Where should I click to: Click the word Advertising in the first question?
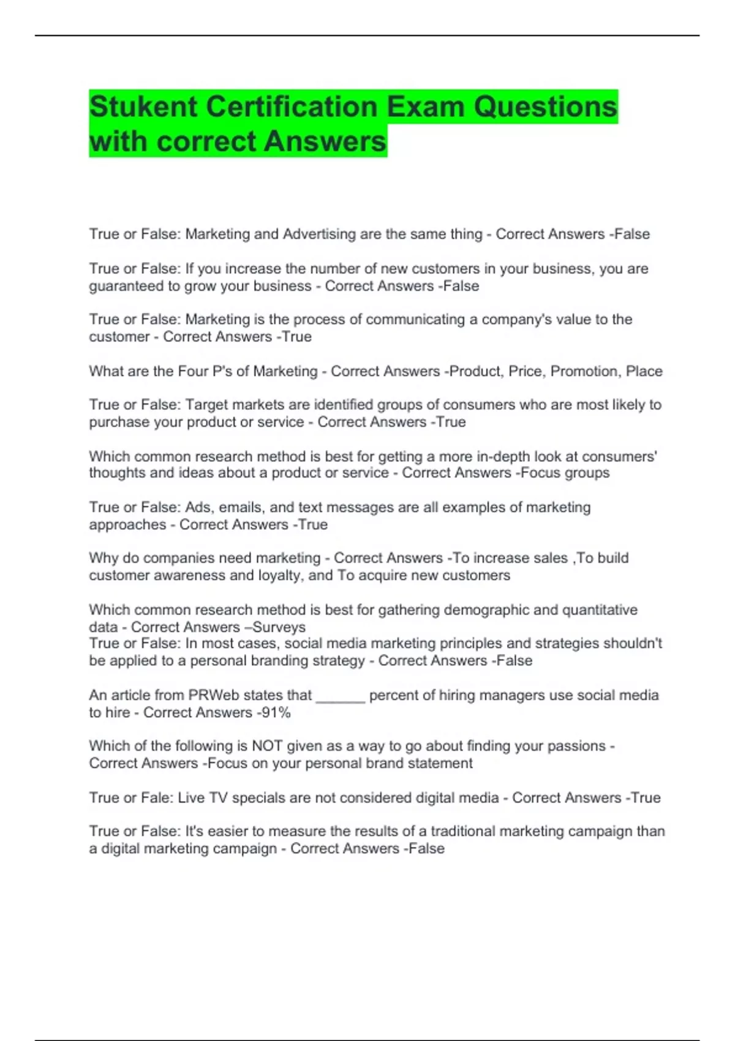click(319, 234)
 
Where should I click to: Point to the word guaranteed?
click(126, 286)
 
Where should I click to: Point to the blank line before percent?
click(341, 697)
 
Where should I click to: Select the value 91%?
click(276, 712)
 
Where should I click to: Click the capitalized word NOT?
click(267, 746)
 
